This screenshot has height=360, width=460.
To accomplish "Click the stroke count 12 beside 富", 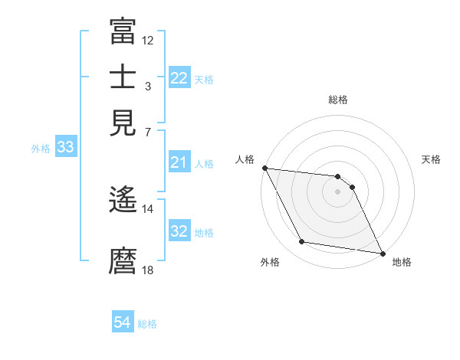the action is [x=148, y=40].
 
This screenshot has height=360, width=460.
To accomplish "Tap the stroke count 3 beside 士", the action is [x=147, y=87].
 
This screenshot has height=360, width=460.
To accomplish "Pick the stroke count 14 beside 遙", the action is [x=148, y=208].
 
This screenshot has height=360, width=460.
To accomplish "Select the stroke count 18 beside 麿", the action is [x=148, y=269].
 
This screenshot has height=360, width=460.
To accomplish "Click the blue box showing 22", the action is [x=179, y=78].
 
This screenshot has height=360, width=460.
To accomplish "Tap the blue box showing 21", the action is [x=179, y=162].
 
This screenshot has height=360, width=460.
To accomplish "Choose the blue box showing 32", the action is [x=179, y=231].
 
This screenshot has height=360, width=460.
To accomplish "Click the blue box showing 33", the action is [x=65, y=147].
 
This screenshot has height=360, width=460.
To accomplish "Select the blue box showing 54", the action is [x=123, y=323].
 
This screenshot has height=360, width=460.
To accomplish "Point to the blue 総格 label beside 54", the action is [x=147, y=324].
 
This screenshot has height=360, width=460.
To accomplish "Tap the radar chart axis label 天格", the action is [x=431, y=159].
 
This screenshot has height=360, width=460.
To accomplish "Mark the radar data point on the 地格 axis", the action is [x=382, y=253].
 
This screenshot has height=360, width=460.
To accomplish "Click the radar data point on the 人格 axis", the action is [x=264, y=168].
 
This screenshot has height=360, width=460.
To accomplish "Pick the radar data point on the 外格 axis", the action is [x=302, y=242].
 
